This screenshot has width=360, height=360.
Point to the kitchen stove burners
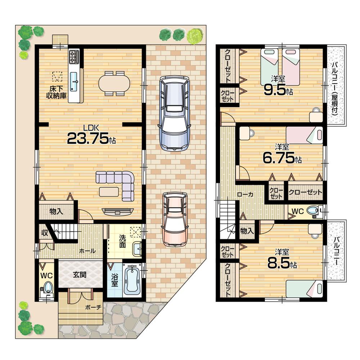click(x=74, y=56)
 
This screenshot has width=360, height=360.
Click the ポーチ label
click(x=93, y=307)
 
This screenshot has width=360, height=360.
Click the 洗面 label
click(x=122, y=242)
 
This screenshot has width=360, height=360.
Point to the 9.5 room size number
click(x=275, y=90)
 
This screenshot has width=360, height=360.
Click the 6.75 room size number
click(x=279, y=158)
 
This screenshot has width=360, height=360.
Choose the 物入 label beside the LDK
click(x=57, y=211)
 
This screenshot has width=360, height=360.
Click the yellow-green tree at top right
click(x=195, y=36)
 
